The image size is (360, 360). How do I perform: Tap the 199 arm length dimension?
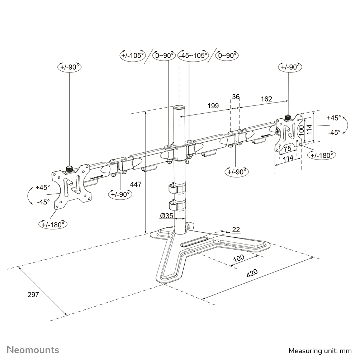click(213, 106)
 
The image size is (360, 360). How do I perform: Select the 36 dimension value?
click(236, 97)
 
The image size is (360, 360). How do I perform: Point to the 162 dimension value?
click(266, 99)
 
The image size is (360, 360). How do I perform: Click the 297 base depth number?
click(33, 295)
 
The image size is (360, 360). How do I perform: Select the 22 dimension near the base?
click(236, 230)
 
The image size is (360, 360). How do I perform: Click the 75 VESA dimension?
click(287, 148)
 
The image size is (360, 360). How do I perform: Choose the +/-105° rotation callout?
click(132, 56)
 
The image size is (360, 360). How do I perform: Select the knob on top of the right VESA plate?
click(288, 117)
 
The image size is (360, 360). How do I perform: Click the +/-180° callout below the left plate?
click(53, 224)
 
